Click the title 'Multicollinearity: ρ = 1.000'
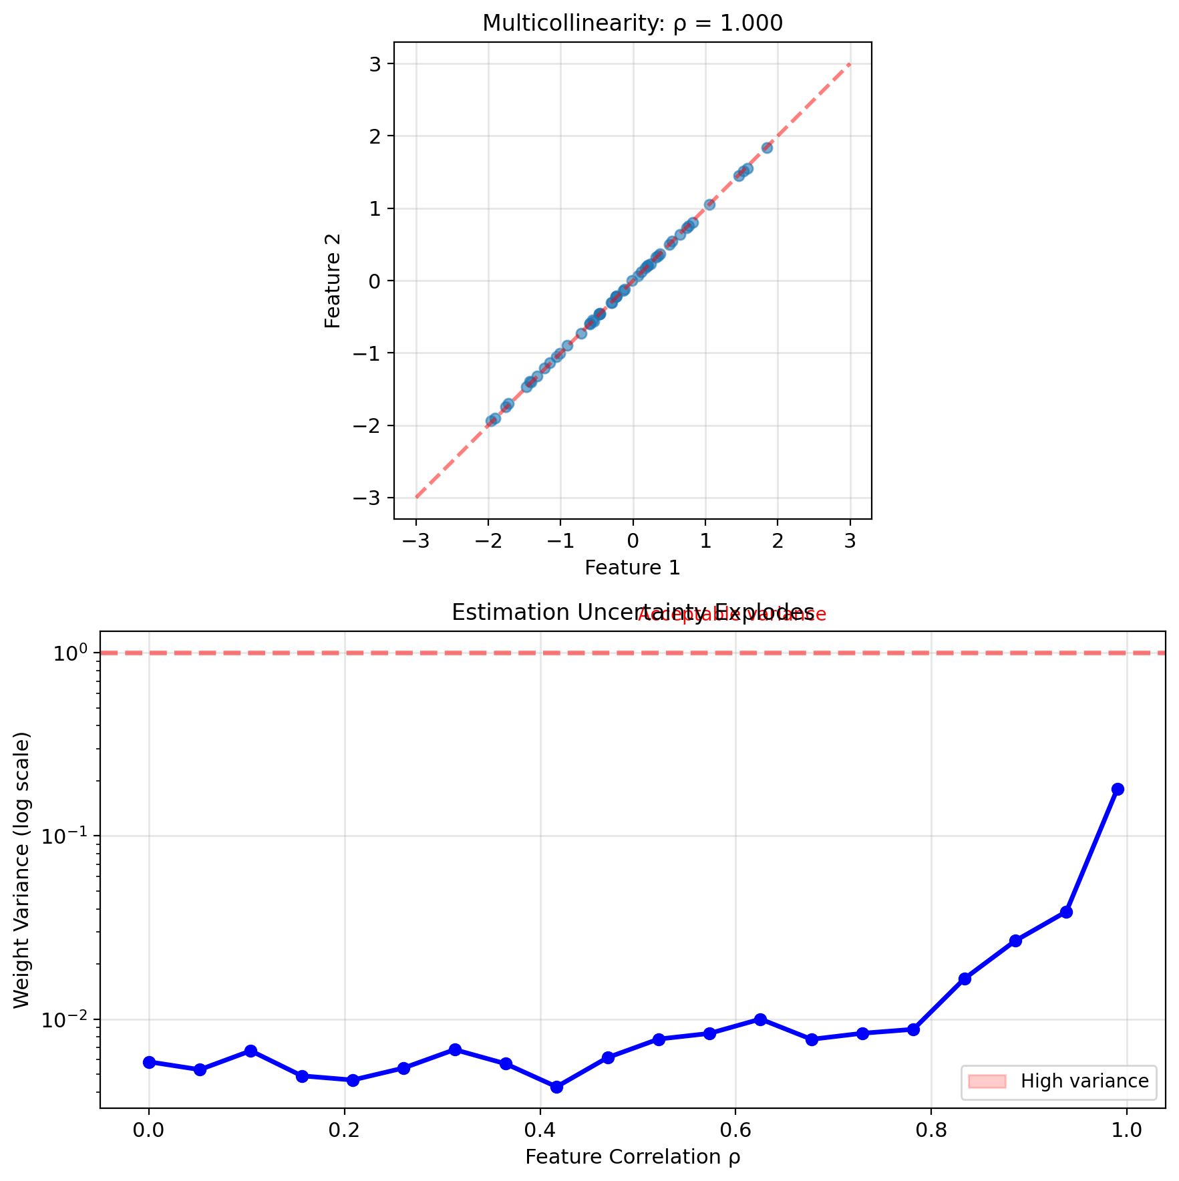(632, 23)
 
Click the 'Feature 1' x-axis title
(632, 568)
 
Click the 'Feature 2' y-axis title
(333, 281)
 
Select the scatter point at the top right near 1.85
(767, 148)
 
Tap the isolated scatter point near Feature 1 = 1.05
(709, 204)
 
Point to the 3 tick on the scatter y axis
(378, 64)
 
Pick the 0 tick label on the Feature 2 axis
(378, 281)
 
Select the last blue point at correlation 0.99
(1118, 789)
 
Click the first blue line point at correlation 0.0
(149, 1062)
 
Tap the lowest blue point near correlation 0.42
(556, 1087)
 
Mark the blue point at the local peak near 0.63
(760, 1019)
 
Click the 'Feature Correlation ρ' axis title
(632, 1157)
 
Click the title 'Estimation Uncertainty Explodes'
(632, 613)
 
